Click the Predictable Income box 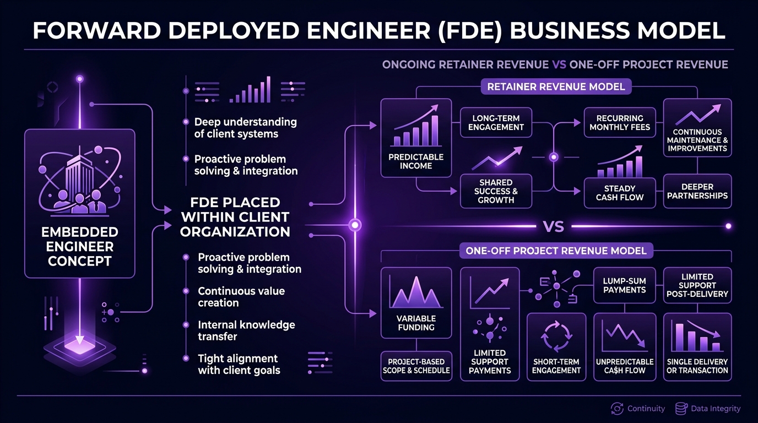[416, 138]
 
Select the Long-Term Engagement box [496, 122]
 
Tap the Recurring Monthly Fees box [620, 122]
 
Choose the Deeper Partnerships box [697, 191]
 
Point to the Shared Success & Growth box [496, 191]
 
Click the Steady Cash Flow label [620, 193]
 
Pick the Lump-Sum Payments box [624, 285]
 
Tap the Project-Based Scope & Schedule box [416, 366]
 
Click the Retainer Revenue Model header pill [556, 86]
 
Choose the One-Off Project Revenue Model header [556, 251]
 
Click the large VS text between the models [554, 226]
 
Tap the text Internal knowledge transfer [246, 330]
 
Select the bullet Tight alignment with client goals [239, 365]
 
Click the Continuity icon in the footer [617, 409]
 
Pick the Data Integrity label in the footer [716, 409]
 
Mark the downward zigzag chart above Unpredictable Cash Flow [625, 335]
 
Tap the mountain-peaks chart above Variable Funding [416, 292]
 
